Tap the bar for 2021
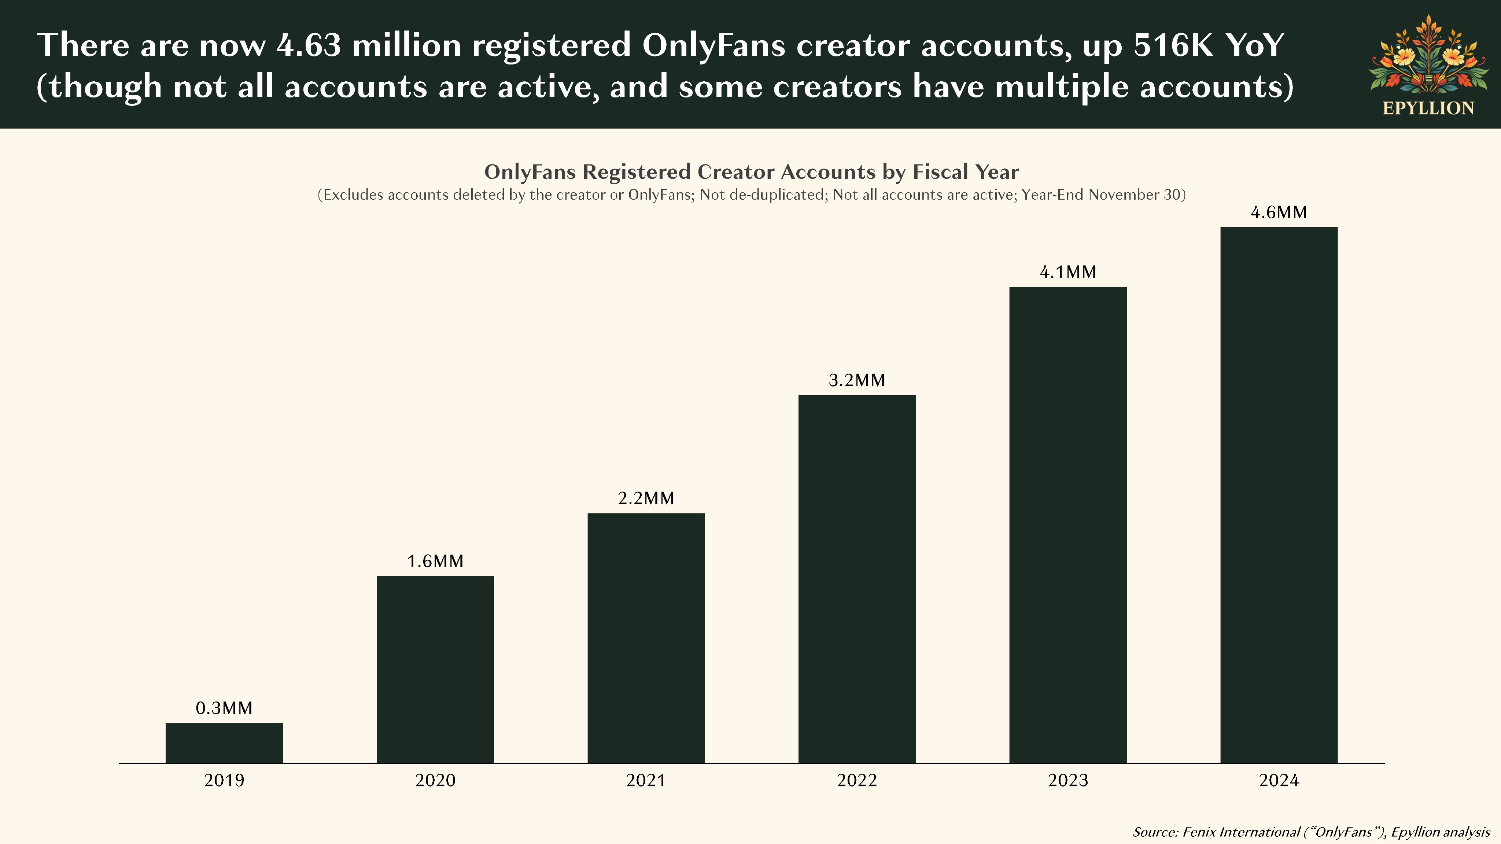[646, 638]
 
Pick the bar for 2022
[857, 579]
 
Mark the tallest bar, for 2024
[1279, 495]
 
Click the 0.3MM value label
[224, 708]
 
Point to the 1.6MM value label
[435, 562]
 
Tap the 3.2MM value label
[857, 380]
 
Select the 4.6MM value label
[1279, 212]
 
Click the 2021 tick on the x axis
[646, 781]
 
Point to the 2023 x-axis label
[1068, 781]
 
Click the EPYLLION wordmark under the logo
[1428, 108]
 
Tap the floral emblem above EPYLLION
[1428, 55]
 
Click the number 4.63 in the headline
[309, 45]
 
